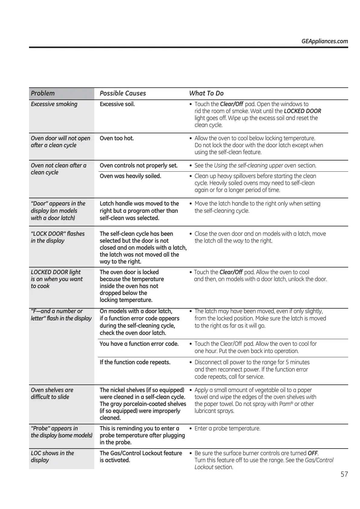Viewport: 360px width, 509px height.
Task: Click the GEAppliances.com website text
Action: tap(324, 41)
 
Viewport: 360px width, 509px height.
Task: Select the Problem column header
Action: tap(43, 93)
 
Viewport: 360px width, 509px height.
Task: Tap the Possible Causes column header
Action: tap(123, 93)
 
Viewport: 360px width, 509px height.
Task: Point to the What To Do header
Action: tap(206, 93)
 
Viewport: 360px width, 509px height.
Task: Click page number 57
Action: tap(344, 474)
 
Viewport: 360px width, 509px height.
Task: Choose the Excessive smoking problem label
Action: tap(54, 104)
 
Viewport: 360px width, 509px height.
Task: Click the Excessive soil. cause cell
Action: tap(117, 104)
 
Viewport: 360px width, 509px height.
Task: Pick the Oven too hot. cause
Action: tap(117, 138)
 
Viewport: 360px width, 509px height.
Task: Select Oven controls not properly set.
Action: tap(138, 165)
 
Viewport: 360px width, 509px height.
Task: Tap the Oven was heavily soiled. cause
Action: tap(130, 176)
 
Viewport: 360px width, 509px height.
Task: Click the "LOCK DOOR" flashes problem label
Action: tap(57, 237)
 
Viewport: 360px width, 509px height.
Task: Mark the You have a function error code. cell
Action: tap(139, 344)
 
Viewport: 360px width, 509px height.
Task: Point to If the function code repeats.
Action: tap(135, 362)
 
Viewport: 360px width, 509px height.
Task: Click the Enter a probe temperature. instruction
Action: tap(227, 428)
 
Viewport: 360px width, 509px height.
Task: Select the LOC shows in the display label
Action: tap(52, 456)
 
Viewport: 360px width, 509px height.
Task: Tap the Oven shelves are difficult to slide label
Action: tap(52, 393)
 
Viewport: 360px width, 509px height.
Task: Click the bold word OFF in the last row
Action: tap(313, 453)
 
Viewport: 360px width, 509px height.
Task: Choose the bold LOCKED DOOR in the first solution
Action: tap(302, 111)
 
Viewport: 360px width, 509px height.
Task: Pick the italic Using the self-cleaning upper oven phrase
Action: tap(255, 165)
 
